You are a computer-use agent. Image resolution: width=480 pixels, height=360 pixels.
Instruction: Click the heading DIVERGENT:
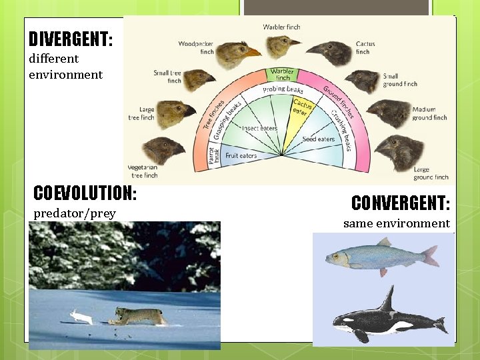(x=71, y=39)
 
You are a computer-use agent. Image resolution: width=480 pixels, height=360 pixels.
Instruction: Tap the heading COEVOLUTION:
(x=85, y=193)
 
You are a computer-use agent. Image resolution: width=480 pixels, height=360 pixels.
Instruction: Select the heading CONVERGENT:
(x=400, y=203)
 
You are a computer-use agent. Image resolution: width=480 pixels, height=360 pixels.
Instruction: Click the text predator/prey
(x=75, y=213)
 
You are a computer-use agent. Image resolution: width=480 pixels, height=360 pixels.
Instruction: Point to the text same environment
(x=396, y=223)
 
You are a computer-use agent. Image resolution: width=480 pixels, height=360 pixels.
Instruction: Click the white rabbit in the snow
(x=81, y=317)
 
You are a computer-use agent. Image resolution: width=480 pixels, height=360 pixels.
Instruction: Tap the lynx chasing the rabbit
(x=138, y=315)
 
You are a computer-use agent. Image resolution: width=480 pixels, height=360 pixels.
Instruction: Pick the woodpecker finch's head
(x=235, y=53)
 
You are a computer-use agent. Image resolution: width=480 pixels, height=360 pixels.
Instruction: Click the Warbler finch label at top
(x=281, y=27)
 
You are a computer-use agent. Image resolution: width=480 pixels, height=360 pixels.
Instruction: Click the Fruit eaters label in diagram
(x=241, y=155)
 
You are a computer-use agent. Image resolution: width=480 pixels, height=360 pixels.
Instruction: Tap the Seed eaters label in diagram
(x=318, y=139)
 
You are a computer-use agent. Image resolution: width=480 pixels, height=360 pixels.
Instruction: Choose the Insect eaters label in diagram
(x=259, y=127)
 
